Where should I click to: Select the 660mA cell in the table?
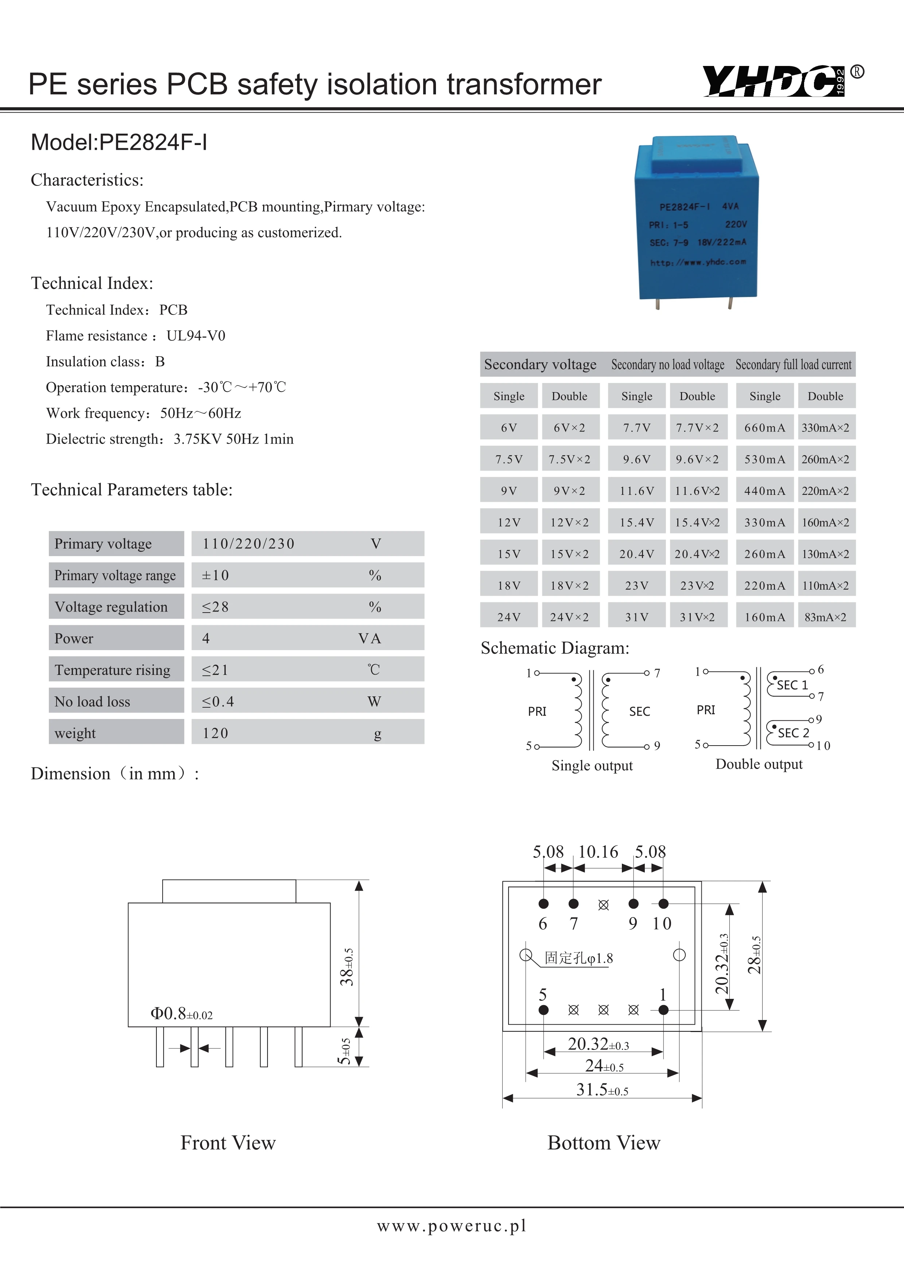(764, 427)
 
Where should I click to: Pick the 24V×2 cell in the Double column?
(569, 617)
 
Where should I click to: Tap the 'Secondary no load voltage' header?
(667, 364)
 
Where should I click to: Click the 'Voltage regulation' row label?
(111, 607)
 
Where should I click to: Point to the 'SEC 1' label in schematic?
(792, 685)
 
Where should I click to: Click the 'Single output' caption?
(592, 765)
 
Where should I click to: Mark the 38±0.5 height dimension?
(347, 967)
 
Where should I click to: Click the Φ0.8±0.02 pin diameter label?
(182, 1013)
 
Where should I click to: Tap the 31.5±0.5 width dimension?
(602, 1089)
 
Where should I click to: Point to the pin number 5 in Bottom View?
(543, 994)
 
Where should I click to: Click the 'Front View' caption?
(228, 1143)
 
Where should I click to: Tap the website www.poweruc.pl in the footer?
(451, 1225)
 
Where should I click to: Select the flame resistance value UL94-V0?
(196, 336)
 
